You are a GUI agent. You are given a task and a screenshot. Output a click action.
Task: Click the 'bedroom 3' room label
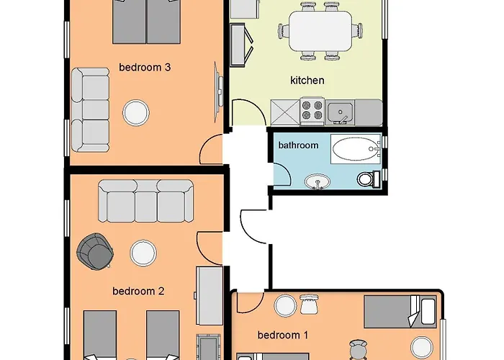pyautogui.click(x=144, y=68)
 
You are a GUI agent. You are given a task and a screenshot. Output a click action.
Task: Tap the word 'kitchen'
pyautogui.click(x=307, y=81)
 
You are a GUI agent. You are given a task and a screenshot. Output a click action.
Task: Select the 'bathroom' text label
pyautogui.click(x=298, y=145)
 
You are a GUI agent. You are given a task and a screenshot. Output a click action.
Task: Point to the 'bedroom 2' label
pyautogui.click(x=138, y=292)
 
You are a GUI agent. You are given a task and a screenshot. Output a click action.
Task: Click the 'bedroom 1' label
pyautogui.click(x=282, y=336)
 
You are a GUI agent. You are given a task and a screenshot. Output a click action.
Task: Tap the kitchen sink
pyautogui.click(x=340, y=112)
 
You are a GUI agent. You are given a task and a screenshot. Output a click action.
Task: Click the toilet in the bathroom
pyautogui.click(x=367, y=178)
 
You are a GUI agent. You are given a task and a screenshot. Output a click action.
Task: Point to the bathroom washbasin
pyautogui.click(x=315, y=181)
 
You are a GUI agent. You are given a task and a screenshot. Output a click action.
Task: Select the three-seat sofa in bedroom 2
pyautogui.click(x=146, y=200)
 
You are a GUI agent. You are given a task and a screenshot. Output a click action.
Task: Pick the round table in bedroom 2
pyautogui.click(x=143, y=253)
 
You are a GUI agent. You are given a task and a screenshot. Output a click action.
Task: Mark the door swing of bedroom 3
pyautogui.click(x=211, y=149)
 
